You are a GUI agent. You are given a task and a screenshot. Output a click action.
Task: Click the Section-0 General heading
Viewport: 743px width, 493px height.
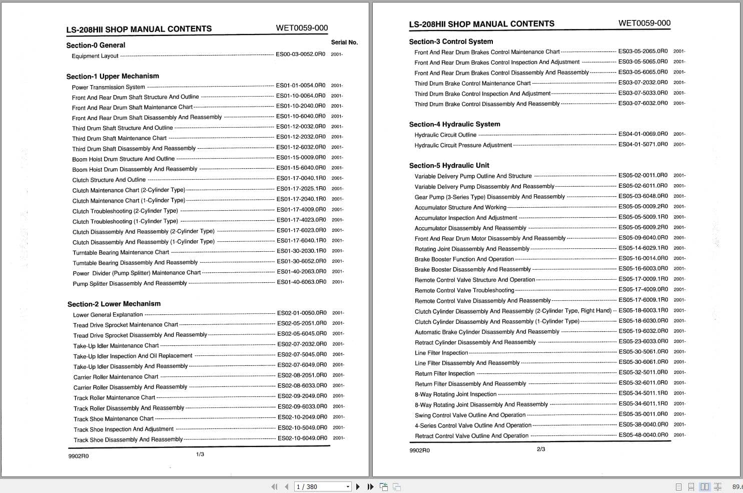(96, 45)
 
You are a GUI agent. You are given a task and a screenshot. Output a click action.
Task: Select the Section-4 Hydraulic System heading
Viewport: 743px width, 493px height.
(454, 124)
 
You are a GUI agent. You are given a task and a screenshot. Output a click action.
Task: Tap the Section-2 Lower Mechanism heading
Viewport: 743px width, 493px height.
(114, 304)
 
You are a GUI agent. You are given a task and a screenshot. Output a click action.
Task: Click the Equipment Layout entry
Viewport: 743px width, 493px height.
(95, 56)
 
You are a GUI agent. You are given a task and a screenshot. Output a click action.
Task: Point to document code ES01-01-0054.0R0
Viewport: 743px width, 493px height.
(300, 86)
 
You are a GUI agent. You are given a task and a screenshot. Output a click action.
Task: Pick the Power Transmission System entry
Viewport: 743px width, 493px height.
(108, 87)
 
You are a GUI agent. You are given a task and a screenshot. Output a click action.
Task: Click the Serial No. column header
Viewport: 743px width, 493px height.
(344, 43)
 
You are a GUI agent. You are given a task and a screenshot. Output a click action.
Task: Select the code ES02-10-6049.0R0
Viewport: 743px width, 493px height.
(302, 438)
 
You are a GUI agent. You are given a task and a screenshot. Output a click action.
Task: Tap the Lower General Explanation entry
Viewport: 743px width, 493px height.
(108, 315)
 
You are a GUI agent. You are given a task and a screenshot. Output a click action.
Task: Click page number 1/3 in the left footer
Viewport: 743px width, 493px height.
(200, 454)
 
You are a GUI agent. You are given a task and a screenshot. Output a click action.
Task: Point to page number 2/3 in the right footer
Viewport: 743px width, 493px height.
(541, 449)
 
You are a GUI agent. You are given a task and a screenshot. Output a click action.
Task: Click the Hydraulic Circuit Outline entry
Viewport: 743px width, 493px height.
(445, 135)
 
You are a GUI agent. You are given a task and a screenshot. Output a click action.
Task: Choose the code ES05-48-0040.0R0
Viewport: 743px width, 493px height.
(643, 435)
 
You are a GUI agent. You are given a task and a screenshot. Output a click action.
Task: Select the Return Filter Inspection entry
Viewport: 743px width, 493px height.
(444, 374)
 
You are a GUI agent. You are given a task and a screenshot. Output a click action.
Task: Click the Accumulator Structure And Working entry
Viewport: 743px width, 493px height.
(460, 207)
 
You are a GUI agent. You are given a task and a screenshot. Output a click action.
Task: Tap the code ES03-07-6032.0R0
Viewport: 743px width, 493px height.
(643, 103)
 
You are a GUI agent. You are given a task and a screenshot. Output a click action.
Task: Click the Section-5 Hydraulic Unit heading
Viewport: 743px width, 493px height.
(449, 165)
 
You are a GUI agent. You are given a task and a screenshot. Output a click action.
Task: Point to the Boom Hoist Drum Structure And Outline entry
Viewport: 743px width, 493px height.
(123, 159)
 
